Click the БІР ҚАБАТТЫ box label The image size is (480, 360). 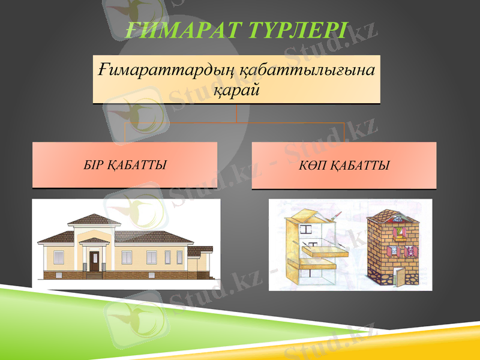[x=125, y=164]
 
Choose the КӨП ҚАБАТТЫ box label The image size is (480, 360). [x=344, y=165]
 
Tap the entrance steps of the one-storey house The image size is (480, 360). [x=94, y=275]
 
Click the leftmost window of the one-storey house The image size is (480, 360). [x=59, y=257]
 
